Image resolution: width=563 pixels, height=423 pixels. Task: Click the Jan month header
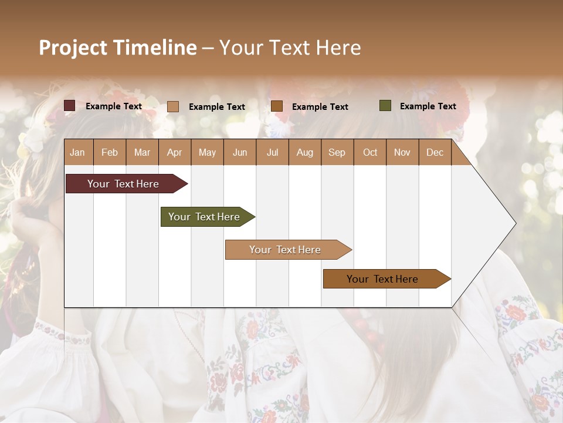[x=77, y=152]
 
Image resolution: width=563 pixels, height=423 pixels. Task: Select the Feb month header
[x=110, y=152]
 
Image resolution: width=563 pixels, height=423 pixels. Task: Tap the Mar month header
[x=142, y=152]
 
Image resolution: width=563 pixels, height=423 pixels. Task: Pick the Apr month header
[x=175, y=152]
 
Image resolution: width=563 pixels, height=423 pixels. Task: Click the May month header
[x=207, y=152]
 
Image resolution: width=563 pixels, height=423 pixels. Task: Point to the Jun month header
[x=240, y=152]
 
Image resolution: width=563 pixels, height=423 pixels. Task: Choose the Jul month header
[x=272, y=152]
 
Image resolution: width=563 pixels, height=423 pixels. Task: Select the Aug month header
[x=305, y=152]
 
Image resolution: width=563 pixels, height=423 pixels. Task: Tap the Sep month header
[x=337, y=152]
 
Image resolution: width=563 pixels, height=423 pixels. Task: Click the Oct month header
[x=370, y=152]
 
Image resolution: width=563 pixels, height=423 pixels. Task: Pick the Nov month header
[x=402, y=152]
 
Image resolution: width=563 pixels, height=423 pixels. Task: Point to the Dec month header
[x=435, y=152]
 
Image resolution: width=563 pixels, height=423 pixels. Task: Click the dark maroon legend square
[x=70, y=106]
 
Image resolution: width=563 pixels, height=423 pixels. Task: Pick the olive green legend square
[x=385, y=106]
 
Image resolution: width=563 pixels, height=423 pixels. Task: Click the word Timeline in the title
[x=155, y=48]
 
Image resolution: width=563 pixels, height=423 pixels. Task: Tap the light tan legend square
[x=173, y=106]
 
